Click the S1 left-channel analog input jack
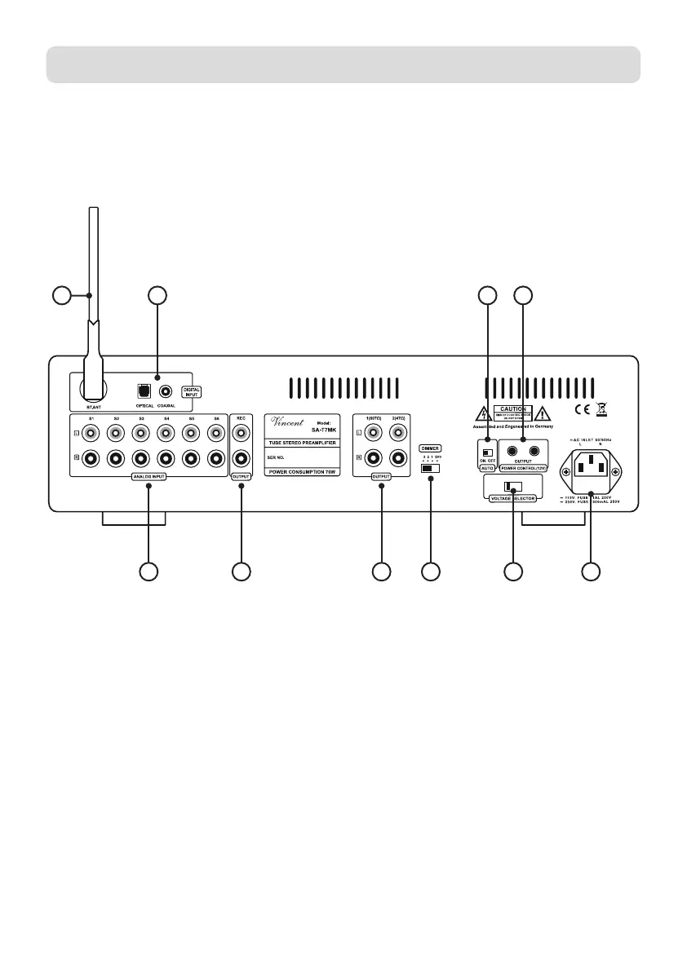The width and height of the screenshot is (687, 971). pyautogui.click(x=91, y=434)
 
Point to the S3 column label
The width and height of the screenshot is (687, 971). pyautogui.click(x=141, y=418)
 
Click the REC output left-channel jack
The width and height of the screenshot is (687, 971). pyautogui.click(x=241, y=434)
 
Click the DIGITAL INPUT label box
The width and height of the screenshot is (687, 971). pyautogui.click(x=192, y=391)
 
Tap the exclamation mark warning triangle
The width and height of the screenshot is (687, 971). pyautogui.click(x=542, y=411)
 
